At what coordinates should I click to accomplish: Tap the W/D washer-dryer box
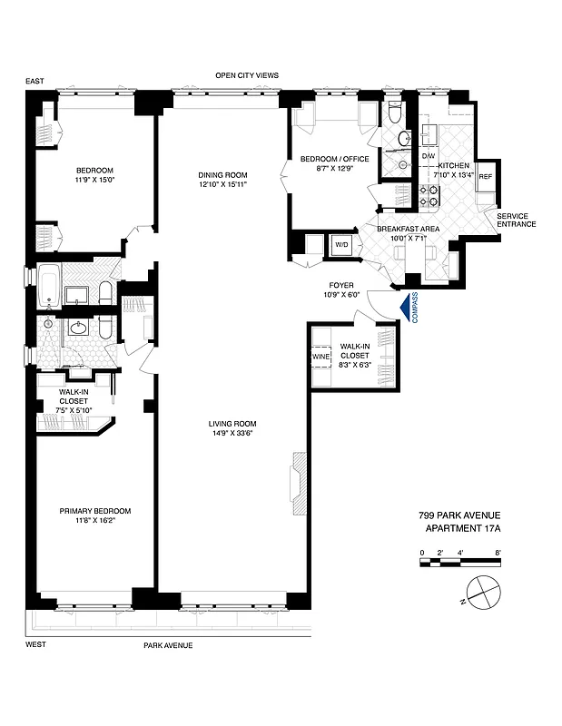341,245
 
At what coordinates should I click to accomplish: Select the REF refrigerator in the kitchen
485,176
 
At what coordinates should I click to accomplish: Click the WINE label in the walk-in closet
320,357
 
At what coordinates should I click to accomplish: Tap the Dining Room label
222,175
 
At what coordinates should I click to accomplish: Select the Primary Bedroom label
95,510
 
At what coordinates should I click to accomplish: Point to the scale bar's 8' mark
498,552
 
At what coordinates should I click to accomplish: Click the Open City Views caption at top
246,75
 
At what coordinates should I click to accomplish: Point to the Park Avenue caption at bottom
168,645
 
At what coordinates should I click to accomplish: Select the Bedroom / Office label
335,160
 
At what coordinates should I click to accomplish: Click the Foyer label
340,285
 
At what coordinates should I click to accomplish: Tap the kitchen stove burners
429,194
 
